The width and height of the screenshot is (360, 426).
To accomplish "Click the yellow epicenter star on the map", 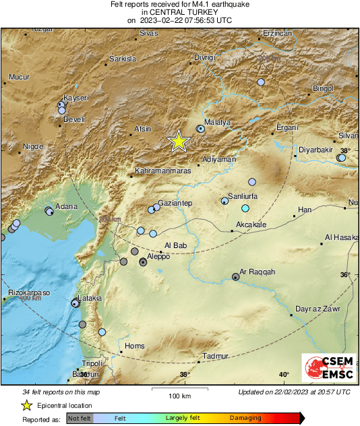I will (x=179, y=141).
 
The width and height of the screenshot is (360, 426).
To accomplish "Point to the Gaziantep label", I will (x=176, y=203).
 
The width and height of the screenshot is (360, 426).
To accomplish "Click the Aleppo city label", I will (x=158, y=257).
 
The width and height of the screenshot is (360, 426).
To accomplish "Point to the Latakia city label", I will (x=90, y=297).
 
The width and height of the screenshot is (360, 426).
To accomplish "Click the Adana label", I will (x=65, y=206).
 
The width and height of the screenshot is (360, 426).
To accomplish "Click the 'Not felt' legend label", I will (x=80, y=419).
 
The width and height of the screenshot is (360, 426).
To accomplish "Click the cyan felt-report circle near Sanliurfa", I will (x=245, y=208).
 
